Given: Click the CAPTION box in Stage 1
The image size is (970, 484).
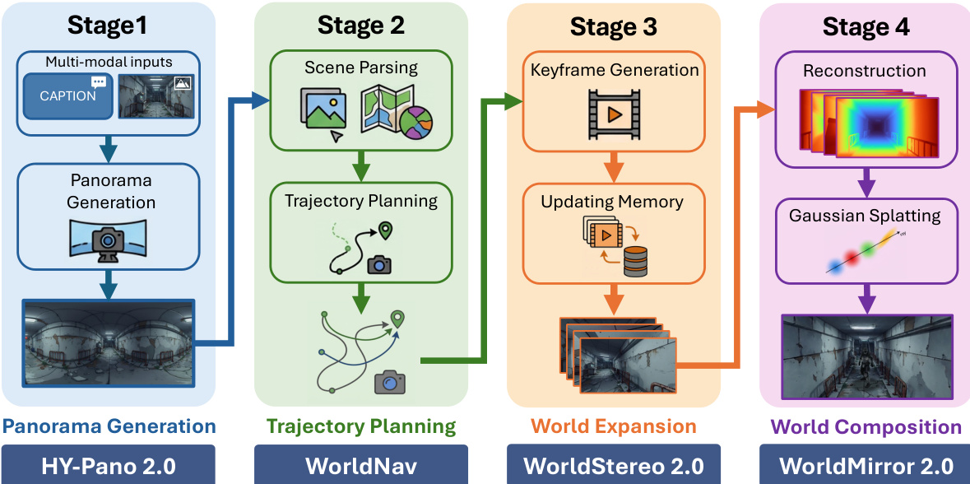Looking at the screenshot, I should click(x=68, y=95).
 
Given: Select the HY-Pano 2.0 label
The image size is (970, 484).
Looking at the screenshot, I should click(x=108, y=466).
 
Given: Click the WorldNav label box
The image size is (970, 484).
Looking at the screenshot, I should click(x=360, y=466).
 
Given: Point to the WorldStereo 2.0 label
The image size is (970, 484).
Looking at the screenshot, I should click(x=613, y=466).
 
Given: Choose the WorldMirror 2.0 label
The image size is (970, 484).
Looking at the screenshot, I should click(x=866, y=466).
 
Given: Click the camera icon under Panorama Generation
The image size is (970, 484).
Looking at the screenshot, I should click(x=108, y=239).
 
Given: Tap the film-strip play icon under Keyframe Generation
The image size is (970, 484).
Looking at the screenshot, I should click(x=613, y=114).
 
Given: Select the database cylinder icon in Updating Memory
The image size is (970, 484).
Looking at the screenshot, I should click(x=635, y=261).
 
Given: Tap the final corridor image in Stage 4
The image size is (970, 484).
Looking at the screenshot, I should click(x=866, y=355).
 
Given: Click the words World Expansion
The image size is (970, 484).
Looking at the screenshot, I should click(x=613, y=426).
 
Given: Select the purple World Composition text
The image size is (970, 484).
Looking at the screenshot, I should click(x=865, y=426).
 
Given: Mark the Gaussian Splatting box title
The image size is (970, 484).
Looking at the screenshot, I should click(x=865, y=216).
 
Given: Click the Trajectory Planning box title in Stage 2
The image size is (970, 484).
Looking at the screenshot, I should click(x=361, y=200).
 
